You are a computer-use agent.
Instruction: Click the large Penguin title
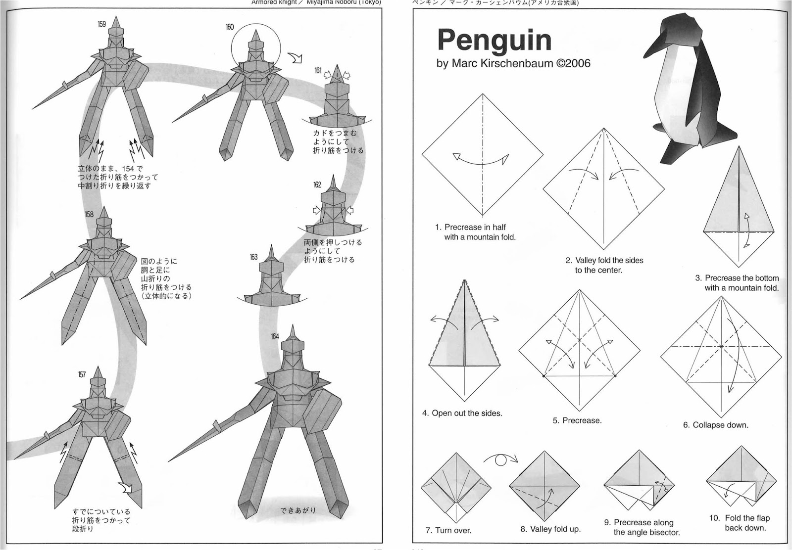pos(494,41)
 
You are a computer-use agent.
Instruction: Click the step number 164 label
pos(275,337)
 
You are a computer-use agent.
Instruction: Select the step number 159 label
pos(101,24)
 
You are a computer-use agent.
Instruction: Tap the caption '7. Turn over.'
pos(448,531)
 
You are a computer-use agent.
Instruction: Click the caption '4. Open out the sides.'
pos(462,413)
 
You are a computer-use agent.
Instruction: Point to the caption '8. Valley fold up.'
pos(550,529)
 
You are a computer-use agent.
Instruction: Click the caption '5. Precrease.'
pos(577,420)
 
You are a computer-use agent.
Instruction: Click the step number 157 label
pos(82,374)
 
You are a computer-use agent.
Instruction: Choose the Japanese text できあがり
pos(298,510)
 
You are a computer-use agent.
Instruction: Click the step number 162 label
pos(317,185)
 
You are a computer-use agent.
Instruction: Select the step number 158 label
pos(89,215)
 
